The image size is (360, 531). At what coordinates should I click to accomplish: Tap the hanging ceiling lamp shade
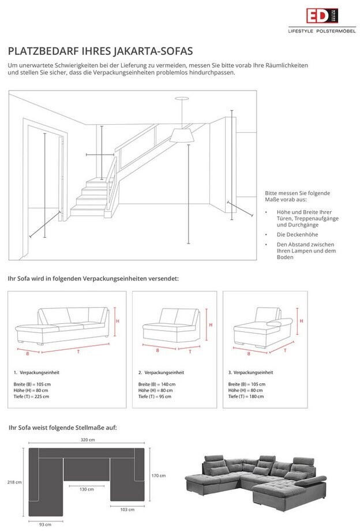[181, 136]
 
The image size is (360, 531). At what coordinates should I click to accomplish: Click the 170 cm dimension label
[158, 476]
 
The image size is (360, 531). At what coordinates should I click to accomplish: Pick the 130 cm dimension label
[86, 489]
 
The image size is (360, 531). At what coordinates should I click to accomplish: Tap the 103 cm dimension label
[127, 509]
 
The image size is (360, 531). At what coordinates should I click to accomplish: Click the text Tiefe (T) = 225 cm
[31, 397]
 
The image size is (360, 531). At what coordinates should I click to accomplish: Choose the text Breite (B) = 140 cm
[157, 384]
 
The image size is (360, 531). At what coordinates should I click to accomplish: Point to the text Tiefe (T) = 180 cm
[246, 397]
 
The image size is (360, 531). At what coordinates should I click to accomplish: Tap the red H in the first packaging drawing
[117, 321]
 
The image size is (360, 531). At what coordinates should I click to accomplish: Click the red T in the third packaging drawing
[284, 350]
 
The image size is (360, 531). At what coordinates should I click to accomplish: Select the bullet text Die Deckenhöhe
[295, 234]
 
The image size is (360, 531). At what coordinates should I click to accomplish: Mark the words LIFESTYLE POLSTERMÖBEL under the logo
[321, 31]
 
